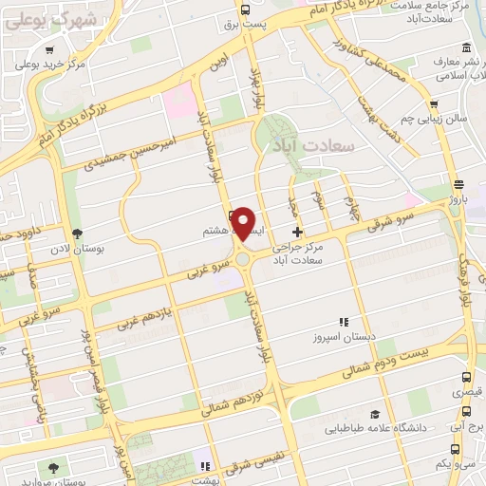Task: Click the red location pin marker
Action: (x=244, y=222)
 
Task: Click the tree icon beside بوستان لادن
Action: (x=77, y=234)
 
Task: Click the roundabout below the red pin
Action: (x=244, y=257)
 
